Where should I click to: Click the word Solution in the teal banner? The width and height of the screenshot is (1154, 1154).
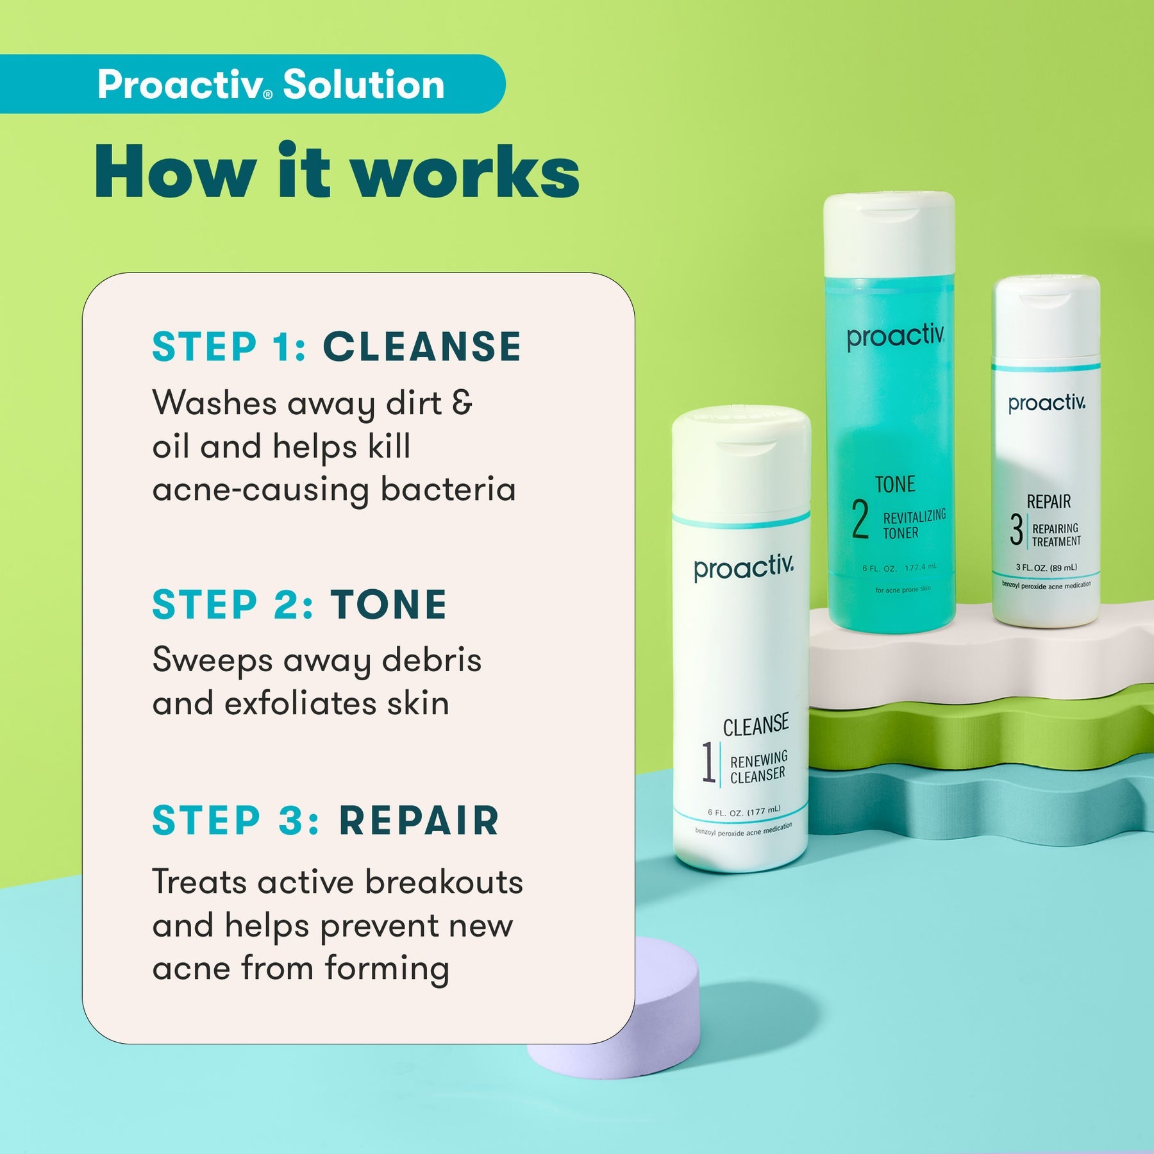pos(364,85)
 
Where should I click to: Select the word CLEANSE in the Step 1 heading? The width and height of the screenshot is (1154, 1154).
pos(422,347)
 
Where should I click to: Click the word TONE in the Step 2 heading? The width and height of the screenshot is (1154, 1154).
pos(389,605)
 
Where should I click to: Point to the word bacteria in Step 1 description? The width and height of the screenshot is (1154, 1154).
pos(448,490)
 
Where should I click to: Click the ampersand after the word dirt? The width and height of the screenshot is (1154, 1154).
pos(462,403)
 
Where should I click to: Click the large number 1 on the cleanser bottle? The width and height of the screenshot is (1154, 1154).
pos(708,763)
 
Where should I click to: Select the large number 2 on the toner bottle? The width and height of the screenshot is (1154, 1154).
pos(860,519)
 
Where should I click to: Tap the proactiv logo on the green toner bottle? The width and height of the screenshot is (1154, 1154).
pos(895,337)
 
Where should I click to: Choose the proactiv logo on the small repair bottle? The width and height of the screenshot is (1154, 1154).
pos(1046,403)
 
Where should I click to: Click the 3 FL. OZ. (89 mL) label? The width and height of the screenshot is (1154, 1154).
pos(1046,567)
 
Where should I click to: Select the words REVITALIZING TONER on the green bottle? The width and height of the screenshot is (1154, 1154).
pos(913,524)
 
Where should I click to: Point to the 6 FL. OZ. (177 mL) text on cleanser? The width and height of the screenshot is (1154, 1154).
pos(744,812)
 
